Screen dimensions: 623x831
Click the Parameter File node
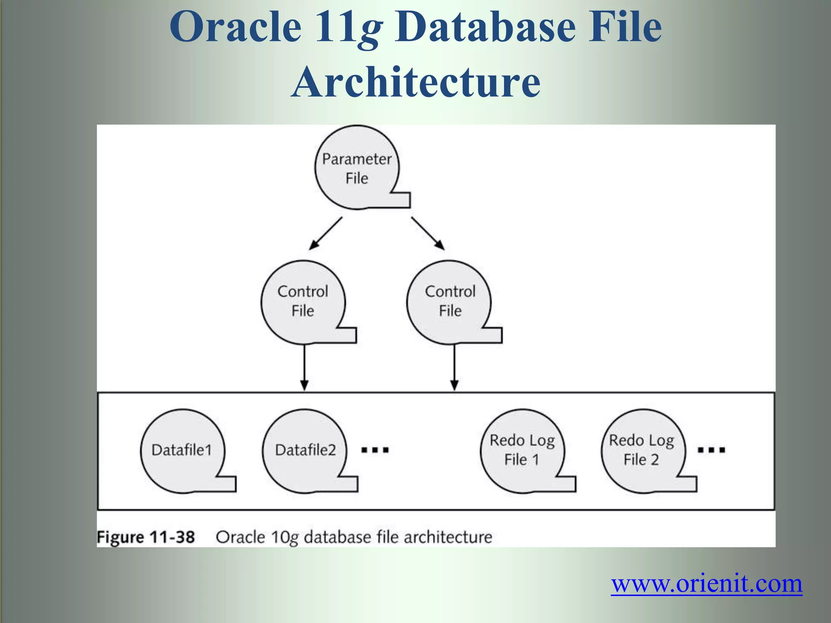[x=357, y=168]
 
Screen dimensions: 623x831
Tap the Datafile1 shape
[x=182, y=450]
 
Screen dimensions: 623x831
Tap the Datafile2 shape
[x=305, y=450]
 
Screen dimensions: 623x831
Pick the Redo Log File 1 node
[x=522, y=450]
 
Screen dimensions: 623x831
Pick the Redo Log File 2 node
[x=642, y=450]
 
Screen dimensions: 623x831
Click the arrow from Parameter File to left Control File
[x=325, y=234]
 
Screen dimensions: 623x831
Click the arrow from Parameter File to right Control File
[x=428, y=234]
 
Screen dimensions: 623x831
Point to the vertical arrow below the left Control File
[x=304, y=367]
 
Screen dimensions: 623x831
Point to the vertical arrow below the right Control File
[x=454, y=367]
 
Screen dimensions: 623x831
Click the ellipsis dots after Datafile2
[x=375, y=450]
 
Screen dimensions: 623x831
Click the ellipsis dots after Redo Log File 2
[x=711, y=450]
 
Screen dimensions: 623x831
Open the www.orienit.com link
[x=706, y=584]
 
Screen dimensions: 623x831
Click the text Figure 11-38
[x=146, y=537]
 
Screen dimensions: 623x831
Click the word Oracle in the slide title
[x=235, y=28]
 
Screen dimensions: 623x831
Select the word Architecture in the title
[x=415, y=82]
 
